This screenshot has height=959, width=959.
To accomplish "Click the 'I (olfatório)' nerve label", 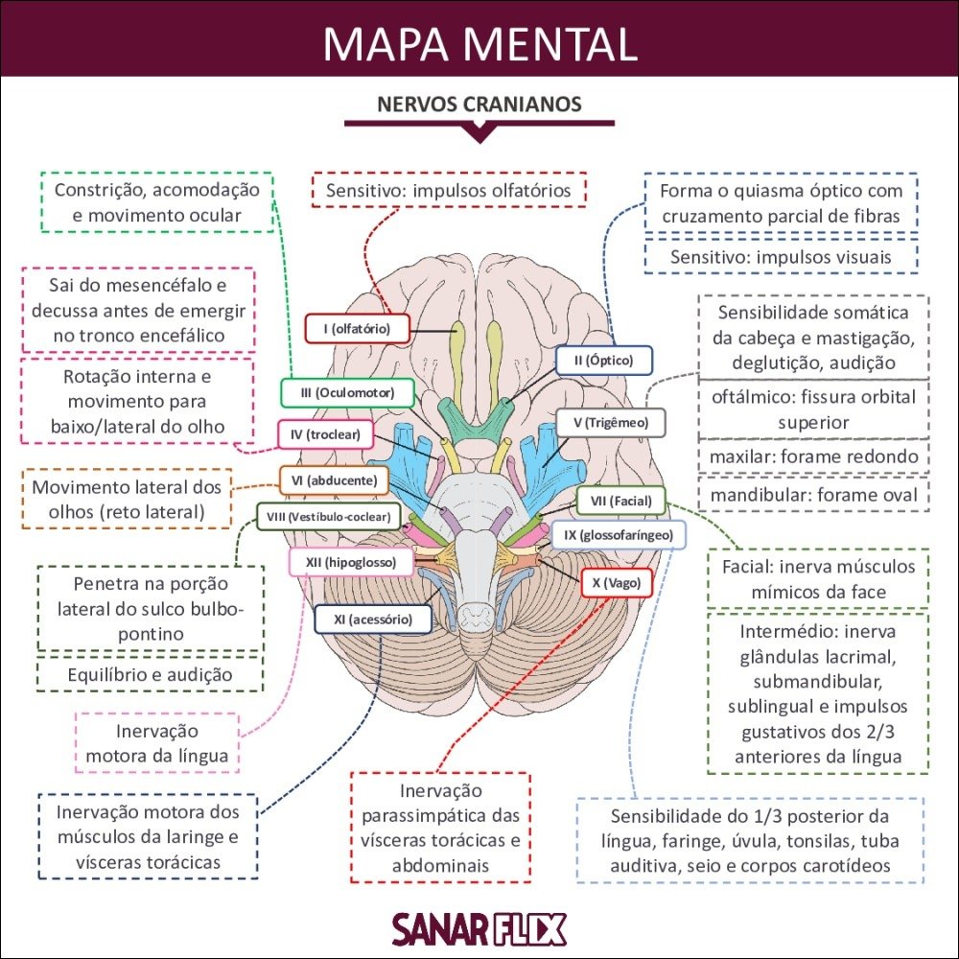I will pyautogui.click(x=357, y=329).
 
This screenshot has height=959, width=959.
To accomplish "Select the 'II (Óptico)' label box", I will pyautogui.click(x=604, y=361).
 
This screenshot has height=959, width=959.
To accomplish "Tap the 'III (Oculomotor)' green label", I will pyautogui.click(x=347, y=393).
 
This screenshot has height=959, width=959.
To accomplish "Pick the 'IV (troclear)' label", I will pyautogui.click(x=325, y=434).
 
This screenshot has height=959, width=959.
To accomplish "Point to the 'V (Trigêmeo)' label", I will pyautogui.click(x=610, y=422).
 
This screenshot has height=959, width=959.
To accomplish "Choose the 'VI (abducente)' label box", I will pyautogui.click(x=328, y=479).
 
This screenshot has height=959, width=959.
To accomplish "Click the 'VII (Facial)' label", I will pyautogui.click(x=620, y=501).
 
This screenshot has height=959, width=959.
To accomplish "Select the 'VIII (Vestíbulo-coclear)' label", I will pyautogui.click(x=328, y=517).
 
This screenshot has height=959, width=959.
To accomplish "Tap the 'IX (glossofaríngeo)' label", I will pyautogui.click(x=618, y=534).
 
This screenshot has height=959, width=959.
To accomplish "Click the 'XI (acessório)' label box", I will pyautogui.click(x=372, y=620).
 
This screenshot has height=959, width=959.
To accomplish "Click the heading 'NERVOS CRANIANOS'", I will pyautogui.click(x=479, y=104).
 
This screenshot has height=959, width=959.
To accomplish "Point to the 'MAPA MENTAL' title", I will pyautogui.click(x=479, y=43).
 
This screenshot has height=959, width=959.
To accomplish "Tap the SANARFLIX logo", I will pyautogui.click(x=479, y=927).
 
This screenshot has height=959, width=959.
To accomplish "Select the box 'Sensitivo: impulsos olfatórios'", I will pyautogui.click(x=448, y=190).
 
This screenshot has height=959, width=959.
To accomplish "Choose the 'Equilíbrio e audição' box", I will pyautogui.click(x=150, y=674).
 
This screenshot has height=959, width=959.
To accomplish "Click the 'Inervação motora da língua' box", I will pyautogui.click(x=157, y=742).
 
